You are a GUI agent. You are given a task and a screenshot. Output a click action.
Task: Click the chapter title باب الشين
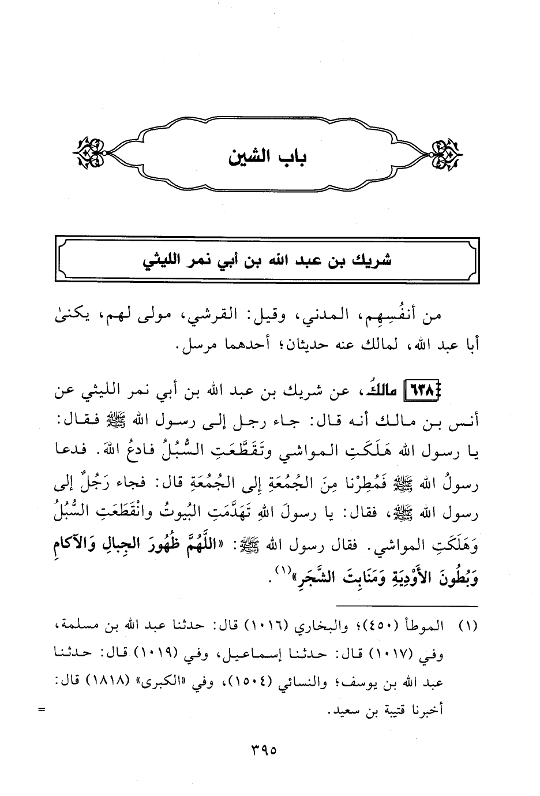(x=269, y=156)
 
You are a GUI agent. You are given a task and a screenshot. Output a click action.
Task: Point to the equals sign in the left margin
(x=41, y=710)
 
